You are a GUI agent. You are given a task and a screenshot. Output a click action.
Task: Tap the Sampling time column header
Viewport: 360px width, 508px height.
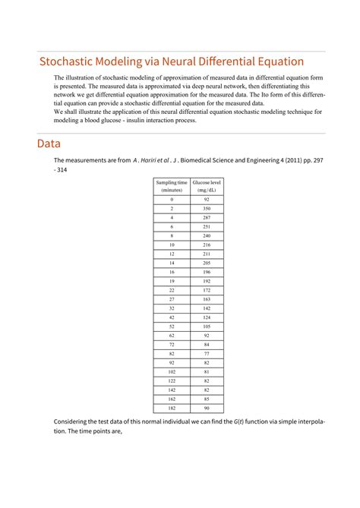(172, 186)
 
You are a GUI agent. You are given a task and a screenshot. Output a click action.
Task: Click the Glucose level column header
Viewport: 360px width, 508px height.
(207, 186)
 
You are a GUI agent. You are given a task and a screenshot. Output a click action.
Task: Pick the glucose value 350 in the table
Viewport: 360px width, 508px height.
(207, 208)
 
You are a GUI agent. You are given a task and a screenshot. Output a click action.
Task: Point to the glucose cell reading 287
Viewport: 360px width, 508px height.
(207, 217)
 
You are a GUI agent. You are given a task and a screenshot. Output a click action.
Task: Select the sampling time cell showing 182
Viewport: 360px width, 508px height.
(172, 407)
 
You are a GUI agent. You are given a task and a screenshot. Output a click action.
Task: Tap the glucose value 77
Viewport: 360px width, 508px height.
(207, 353)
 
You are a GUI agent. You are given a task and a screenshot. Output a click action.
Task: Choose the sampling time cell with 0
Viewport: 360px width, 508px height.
(172, 199)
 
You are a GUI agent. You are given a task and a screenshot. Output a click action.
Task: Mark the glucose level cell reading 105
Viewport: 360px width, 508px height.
(207, 326)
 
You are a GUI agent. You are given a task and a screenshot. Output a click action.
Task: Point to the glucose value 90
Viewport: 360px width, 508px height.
(207, 407)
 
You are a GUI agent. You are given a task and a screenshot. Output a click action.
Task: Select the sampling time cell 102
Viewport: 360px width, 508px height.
(172, 371)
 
